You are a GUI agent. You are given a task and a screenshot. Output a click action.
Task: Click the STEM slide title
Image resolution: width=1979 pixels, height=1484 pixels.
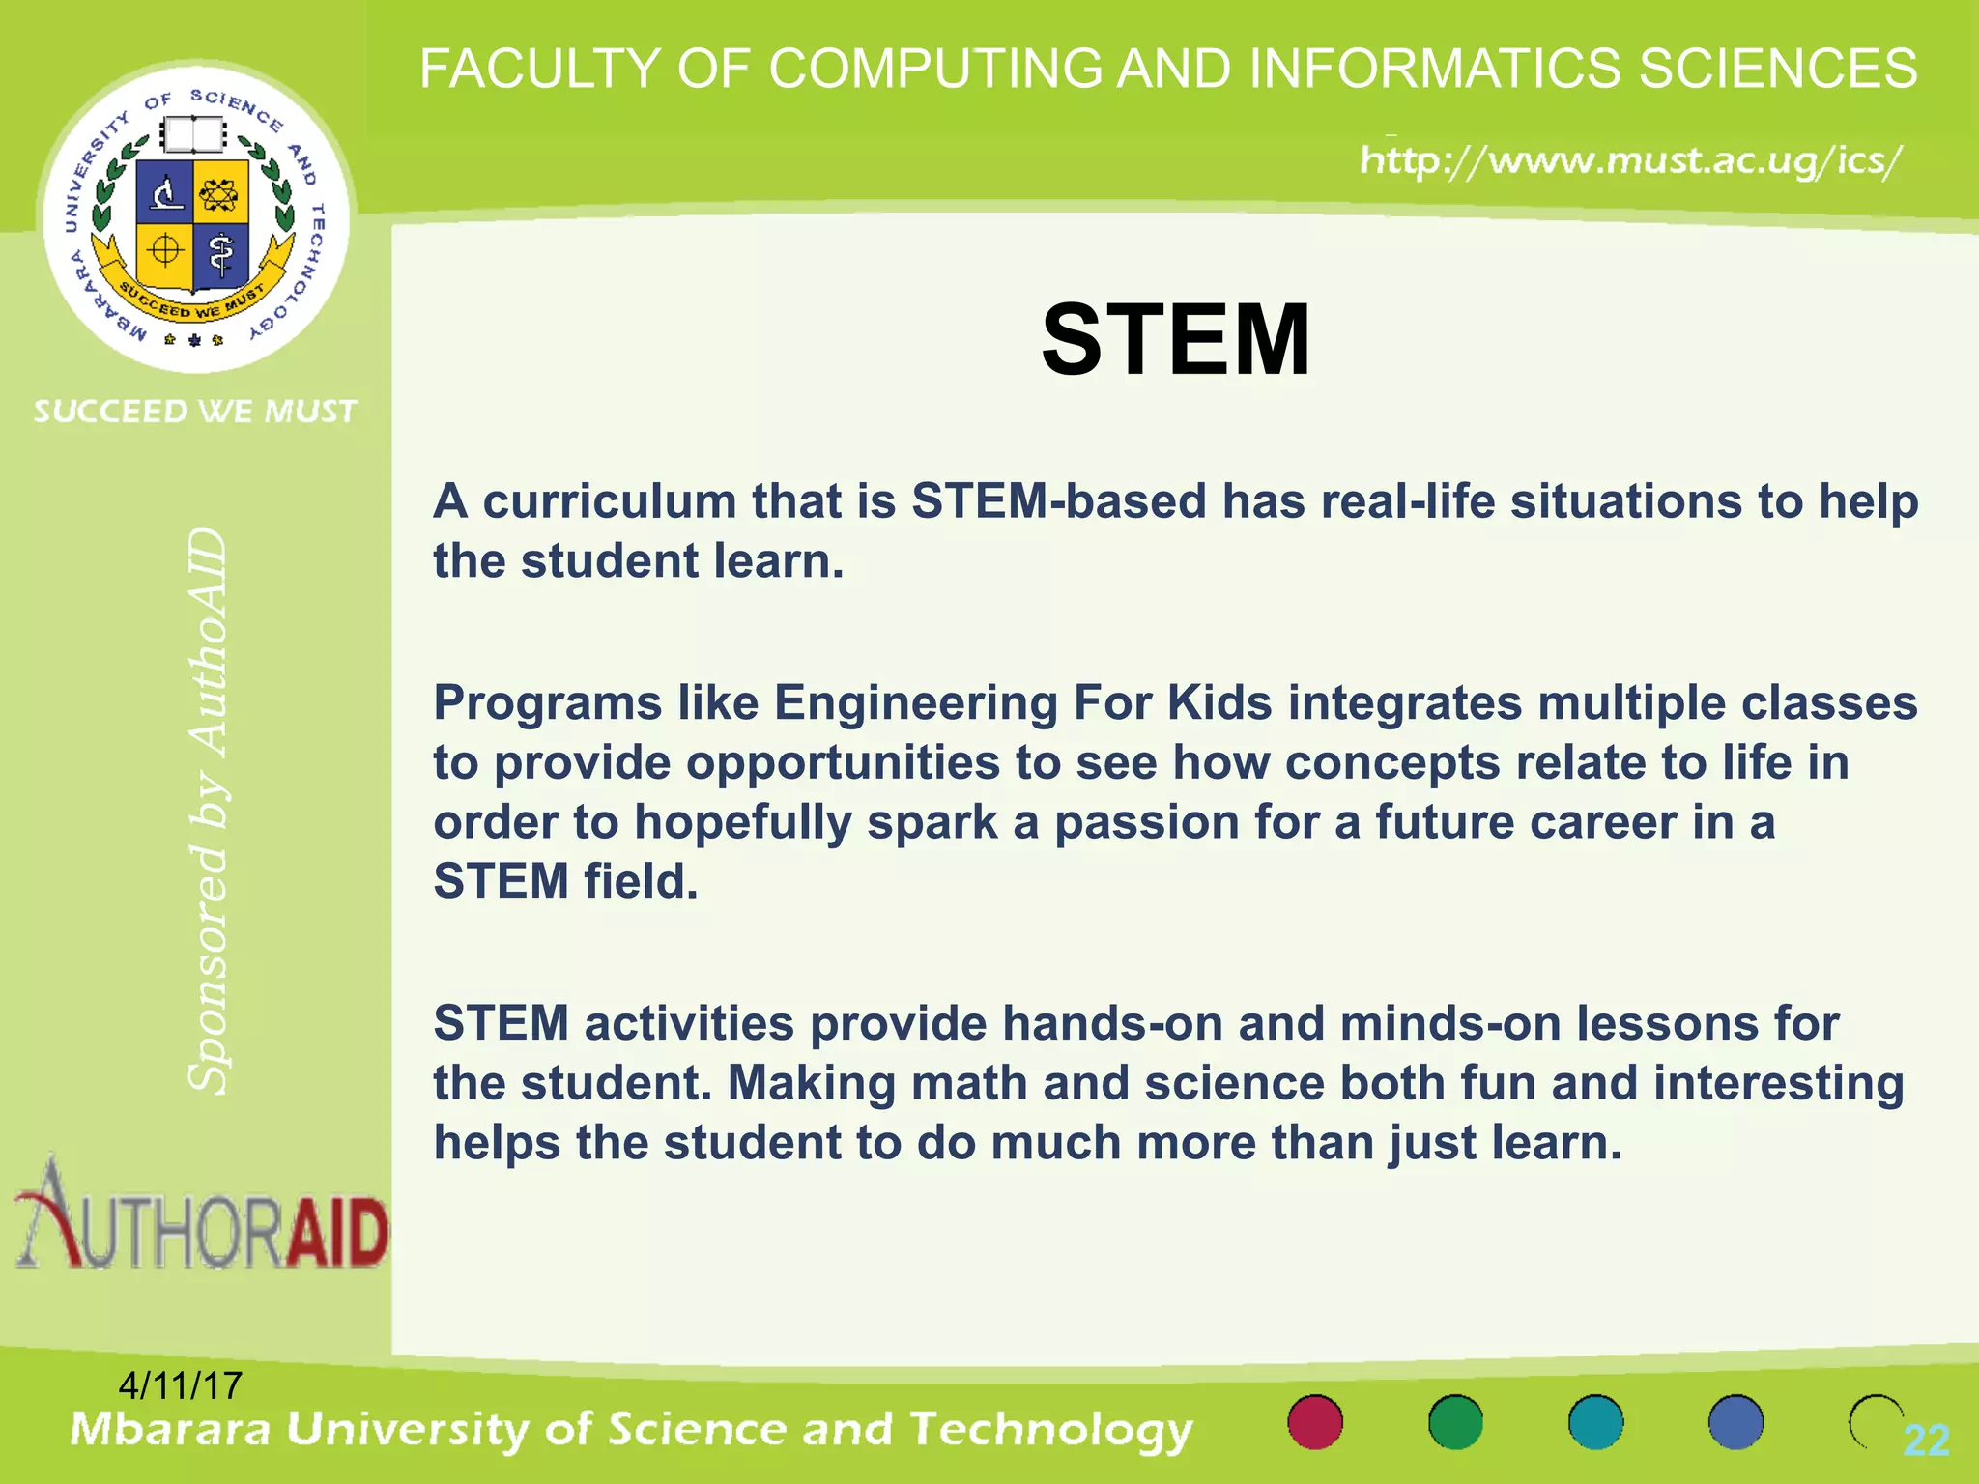click(1175, 340)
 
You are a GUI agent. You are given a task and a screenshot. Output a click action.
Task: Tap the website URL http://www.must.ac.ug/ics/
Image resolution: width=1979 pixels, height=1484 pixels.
click(1631, 160)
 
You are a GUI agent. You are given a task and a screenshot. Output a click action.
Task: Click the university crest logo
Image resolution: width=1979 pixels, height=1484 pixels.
click(195, 217)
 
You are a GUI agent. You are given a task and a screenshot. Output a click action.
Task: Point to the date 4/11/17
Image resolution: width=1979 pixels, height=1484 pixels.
click(180, 1385)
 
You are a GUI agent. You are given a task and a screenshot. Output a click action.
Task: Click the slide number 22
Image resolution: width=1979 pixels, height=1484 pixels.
click(1926, 1441)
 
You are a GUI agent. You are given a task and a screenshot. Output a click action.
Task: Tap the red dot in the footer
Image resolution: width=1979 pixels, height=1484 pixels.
click(1315, 1422)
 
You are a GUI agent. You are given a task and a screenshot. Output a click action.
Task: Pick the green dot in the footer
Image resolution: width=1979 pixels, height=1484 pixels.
click(1455, 1422)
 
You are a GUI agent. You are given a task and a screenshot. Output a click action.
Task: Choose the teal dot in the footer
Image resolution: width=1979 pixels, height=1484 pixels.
click(1595, 1422)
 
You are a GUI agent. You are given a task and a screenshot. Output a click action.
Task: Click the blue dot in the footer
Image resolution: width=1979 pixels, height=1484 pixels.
click(1735, 1422)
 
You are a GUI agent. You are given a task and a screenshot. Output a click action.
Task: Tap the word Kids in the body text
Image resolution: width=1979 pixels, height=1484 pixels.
click(1219, 703)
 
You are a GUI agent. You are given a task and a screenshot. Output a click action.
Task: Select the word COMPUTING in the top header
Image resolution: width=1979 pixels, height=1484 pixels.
click(935, 70)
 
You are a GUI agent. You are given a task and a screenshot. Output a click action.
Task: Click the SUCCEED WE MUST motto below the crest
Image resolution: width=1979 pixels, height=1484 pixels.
click(195, 412)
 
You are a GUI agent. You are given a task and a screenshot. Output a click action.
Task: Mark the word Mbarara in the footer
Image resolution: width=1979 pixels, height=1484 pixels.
click(170, 1430)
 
